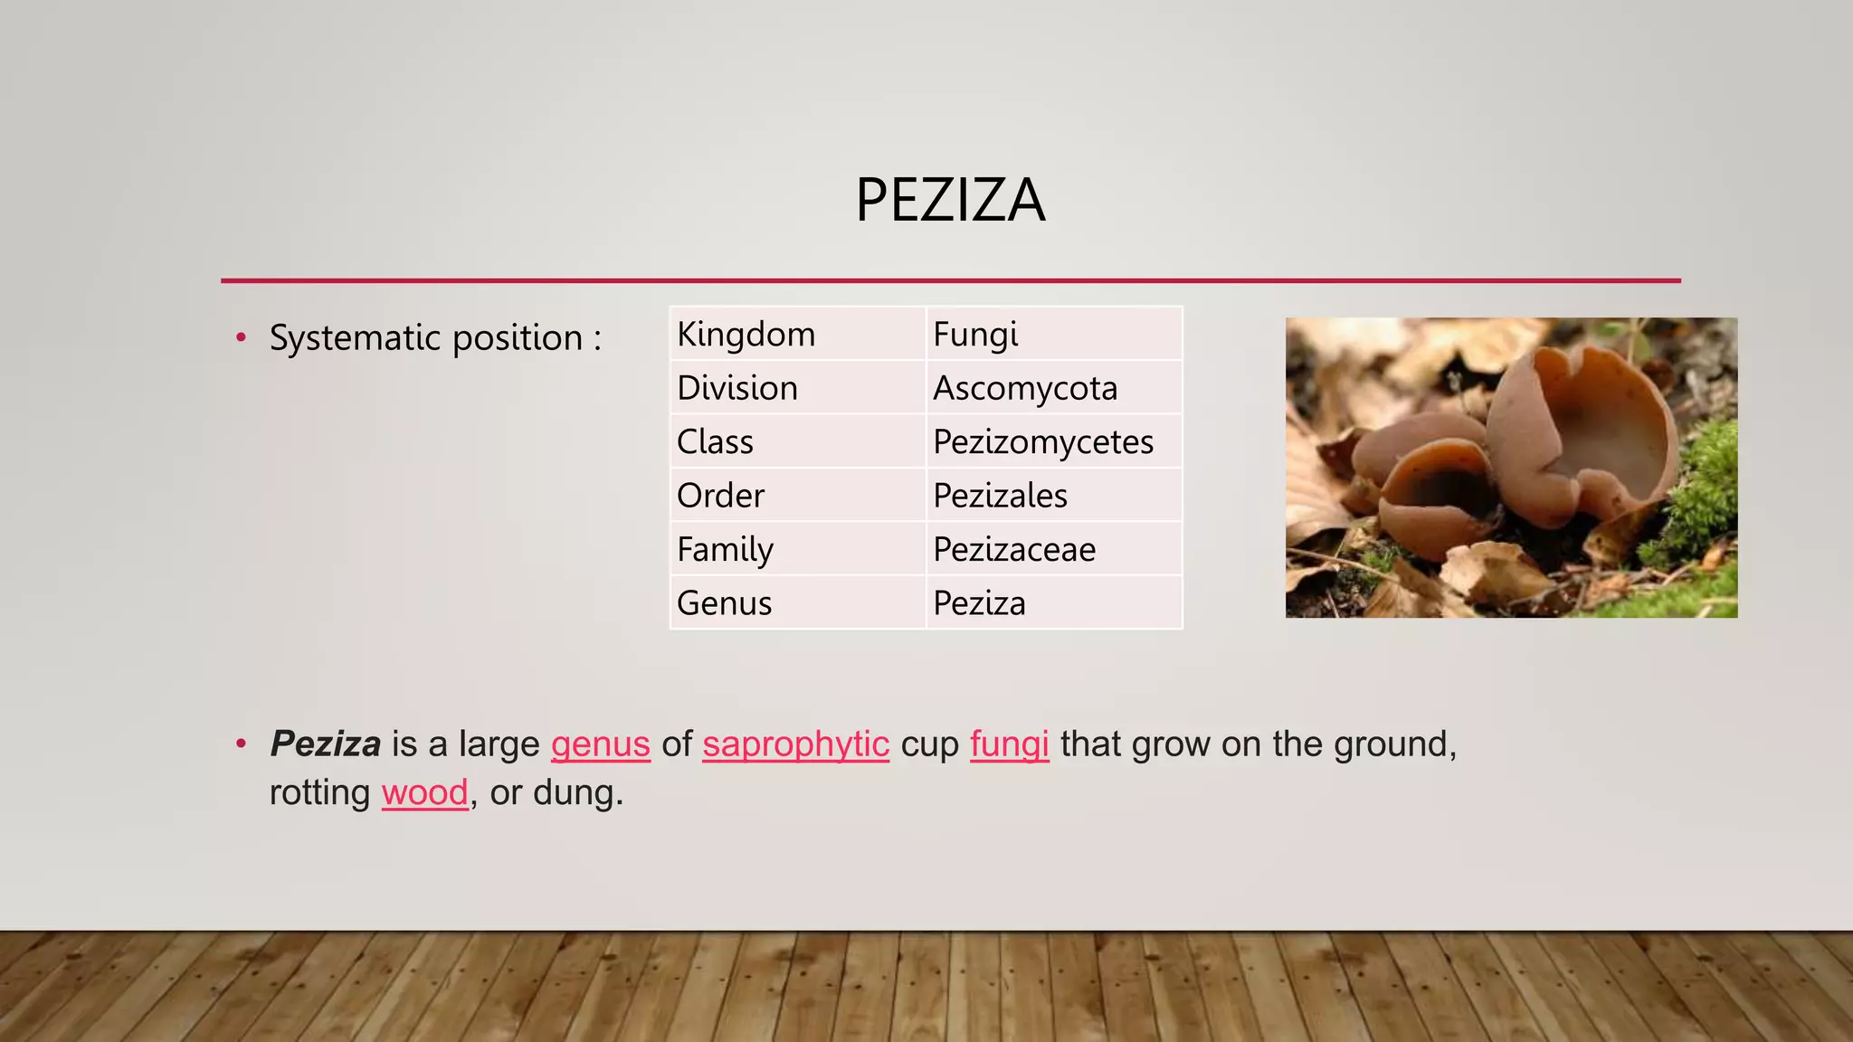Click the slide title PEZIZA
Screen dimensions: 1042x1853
pos(950,200)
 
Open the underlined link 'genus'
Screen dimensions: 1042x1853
pos(600,744)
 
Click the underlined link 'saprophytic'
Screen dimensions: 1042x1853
pos(795,744)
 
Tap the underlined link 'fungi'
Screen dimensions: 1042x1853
pos(1009,744)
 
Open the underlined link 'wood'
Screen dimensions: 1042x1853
pos(424,792)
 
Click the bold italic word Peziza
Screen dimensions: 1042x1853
pos(326,744)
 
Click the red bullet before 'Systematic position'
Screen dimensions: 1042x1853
pos(241,338)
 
